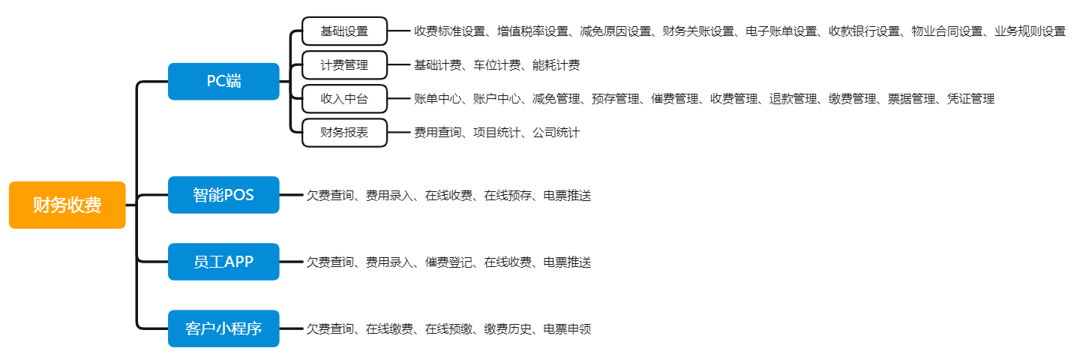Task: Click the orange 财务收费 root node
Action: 67,205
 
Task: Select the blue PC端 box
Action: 223,82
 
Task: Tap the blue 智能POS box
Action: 223,195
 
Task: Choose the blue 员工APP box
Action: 223,262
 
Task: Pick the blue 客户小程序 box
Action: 223,328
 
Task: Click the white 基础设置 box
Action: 345,31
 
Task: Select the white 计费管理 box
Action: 345,65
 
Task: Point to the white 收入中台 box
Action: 345,99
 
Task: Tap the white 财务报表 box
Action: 345,133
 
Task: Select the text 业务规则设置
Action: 1030,31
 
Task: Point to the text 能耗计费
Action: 556,65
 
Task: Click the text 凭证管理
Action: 970,99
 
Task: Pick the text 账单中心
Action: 438,99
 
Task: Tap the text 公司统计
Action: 556,133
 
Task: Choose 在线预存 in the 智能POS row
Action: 508,195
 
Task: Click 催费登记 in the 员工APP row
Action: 448,262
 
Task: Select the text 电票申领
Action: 567,329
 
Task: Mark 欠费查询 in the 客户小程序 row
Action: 330,329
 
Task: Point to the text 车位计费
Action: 496,65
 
